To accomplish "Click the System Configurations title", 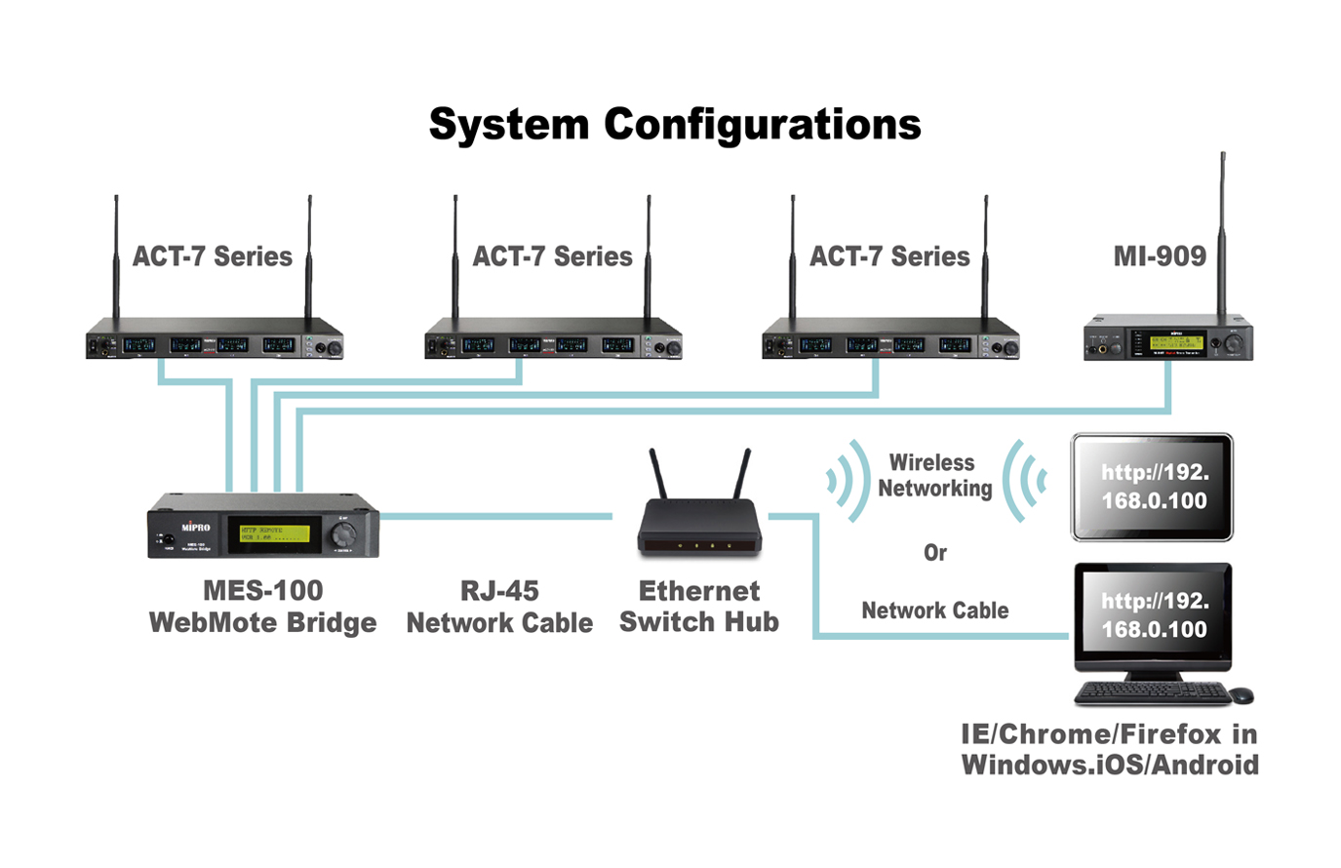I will point(675,125).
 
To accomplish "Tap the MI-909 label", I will point(1160,256).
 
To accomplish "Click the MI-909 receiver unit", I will point(1167,338).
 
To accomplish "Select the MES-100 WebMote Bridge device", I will point(263,528).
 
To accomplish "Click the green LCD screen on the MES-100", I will point(275,533).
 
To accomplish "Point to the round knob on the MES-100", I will point(343,533).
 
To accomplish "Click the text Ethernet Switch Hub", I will point(699,606).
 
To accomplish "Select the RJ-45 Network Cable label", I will point(499,607).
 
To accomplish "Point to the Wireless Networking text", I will point(933,475).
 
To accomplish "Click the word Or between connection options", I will point(935,553).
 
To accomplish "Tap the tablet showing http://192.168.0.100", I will point(1152,487).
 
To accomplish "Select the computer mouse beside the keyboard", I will point(1241,695).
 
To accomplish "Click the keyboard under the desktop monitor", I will point(1153,693).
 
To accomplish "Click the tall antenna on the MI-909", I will point(1222,234).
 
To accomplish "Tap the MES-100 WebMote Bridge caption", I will point(262,607).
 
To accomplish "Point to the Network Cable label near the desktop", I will point(934,611).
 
